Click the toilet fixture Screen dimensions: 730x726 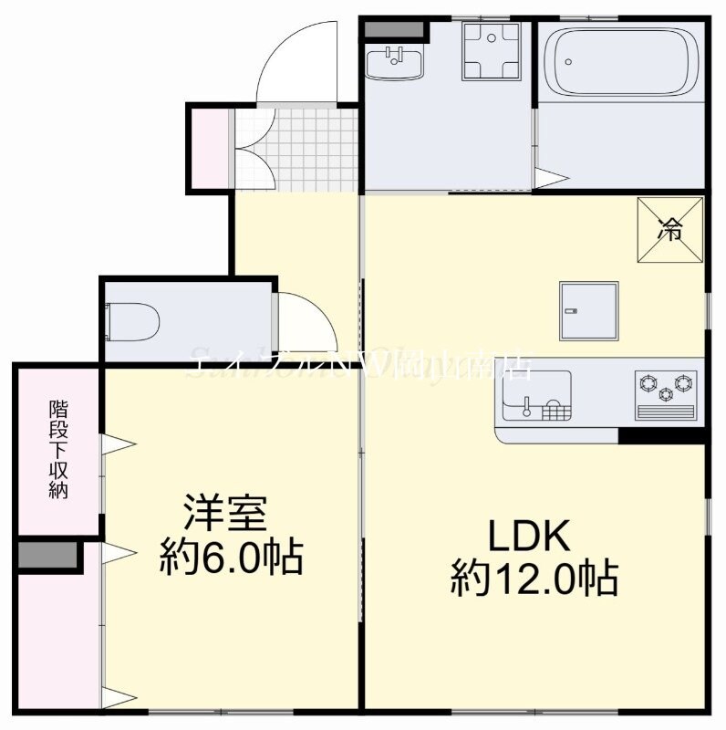tap(135, 321)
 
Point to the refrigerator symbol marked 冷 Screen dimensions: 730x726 tap(670, 229)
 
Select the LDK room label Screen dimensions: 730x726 tap(529, 537)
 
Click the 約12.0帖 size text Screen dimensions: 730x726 tap(534, 579)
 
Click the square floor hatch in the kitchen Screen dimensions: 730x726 tap(588, 310)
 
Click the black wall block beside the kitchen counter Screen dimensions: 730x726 tap(661, 435)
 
